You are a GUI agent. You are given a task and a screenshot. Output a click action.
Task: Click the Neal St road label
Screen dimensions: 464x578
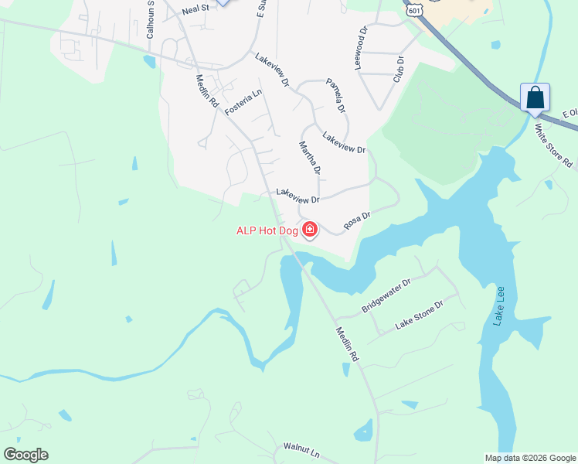[196, 10]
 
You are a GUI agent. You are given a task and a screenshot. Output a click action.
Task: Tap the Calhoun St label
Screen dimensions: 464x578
[151, 21]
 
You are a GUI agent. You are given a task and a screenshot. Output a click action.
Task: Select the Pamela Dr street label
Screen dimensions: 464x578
[336, 94]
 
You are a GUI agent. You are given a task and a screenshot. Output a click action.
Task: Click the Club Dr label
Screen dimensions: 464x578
[399, 69]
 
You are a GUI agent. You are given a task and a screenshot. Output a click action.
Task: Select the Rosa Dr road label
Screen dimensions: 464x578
[358, 221]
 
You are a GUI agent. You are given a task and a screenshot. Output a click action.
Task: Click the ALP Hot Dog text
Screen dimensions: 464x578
[267, 230]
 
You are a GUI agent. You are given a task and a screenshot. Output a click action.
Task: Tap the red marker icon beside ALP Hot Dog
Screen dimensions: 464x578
[310, 230]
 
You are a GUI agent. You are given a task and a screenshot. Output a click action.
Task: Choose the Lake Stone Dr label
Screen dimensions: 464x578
[419, 315]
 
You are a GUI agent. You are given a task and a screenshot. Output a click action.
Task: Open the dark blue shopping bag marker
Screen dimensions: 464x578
[535, 98]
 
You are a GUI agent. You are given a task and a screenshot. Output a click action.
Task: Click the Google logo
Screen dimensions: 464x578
[25, 455]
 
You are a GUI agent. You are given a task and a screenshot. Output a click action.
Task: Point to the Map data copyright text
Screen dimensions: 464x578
[529, 458]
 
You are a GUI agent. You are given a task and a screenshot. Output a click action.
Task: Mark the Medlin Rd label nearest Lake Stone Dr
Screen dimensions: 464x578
[349, 344]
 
